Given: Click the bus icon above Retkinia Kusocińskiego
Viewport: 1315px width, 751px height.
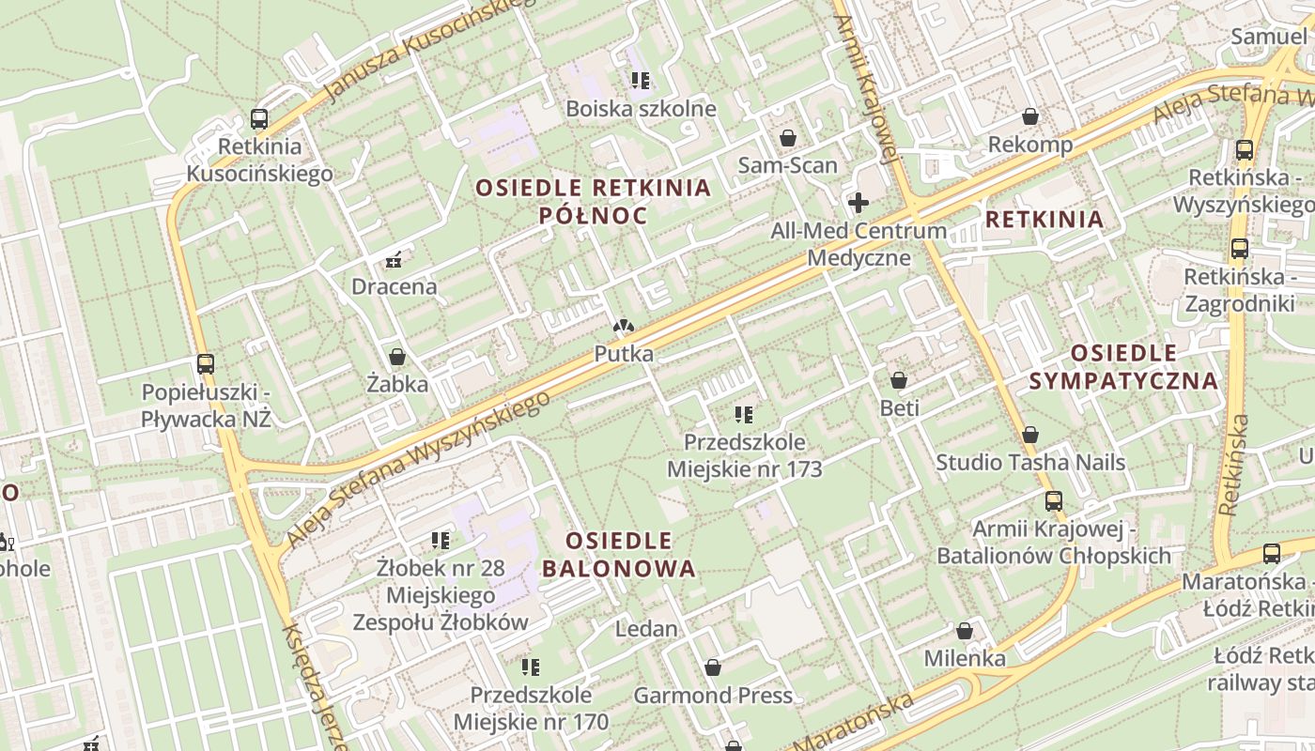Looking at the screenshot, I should pyautogui.click(x=259, y=119).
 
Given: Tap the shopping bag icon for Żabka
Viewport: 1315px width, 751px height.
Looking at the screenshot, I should pyautogui.click(x=397, y=357).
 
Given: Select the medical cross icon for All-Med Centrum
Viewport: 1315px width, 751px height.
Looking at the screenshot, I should pyautogui.click(x=858, y=202).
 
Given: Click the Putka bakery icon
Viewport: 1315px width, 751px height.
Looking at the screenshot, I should pyautogui.click(x=623, y=326).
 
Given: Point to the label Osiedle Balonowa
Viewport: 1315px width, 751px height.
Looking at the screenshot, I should pyautogui.click(x=619, y=555).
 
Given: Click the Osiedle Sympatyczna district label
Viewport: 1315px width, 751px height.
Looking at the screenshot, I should pyautogui.click(x=1123, y=367).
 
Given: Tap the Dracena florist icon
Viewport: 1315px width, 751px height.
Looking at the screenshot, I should pyautogui.click(x=394, y=259).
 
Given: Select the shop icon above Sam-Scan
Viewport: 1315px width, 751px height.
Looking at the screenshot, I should pyautogui.click(x=788, y=138).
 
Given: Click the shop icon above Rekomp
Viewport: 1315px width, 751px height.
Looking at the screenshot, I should pyautogui.click(x=1030, y=116).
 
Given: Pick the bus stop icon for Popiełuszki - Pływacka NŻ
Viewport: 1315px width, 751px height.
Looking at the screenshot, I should pyautogui.click(x=206, y=363).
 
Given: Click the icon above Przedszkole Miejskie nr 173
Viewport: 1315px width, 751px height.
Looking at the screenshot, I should pyautogui.click(x=744, y=414).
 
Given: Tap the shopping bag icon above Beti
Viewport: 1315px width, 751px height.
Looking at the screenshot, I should pyautogui.click(x=899, y=380).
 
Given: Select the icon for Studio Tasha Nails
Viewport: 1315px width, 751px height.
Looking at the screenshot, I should pyautogui.click(x=1030, y=435).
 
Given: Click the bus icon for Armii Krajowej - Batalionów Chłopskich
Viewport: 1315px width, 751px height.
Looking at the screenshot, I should pyautogui.click(x=1054, y=501).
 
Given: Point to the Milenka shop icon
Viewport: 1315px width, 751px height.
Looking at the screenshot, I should pyautogui.click(x=965, y=630).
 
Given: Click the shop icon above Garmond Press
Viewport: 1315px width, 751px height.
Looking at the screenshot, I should pyautogui.click(x=713, y=667).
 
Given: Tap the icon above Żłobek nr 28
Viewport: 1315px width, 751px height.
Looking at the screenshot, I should pyautogui.click(x=440, y=540).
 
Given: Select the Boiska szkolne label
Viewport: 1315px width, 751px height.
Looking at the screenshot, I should pyautogui.click(x=641, y=109).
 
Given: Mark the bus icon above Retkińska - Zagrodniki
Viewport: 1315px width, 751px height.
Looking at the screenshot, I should pyautogui.click(x=1240, y=249).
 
